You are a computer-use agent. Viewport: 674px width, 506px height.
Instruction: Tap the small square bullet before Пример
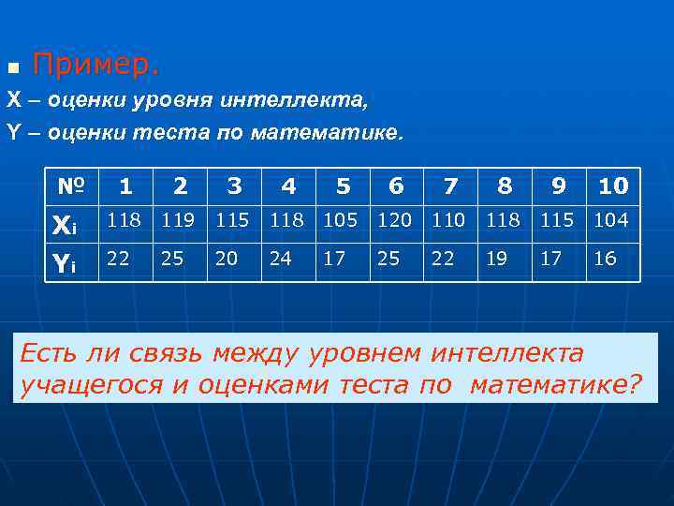click(x=12, y=68)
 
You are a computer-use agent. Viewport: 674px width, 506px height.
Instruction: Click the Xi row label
click(x=63, y=223)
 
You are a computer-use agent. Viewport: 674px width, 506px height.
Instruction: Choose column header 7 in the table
click(x=450, y=186)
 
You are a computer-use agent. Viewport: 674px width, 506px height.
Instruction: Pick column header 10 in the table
click(x=612, y=186)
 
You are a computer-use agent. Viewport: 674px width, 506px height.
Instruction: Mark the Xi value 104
click(x=612, y=220)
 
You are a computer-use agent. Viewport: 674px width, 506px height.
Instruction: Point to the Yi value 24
click(x=280, y=258)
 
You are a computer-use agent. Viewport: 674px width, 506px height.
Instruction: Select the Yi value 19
click(x=496, y=258)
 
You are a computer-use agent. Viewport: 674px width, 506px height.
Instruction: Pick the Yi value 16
click(x=605, y=258)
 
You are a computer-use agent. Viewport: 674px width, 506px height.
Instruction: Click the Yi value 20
click(x=226, y=258)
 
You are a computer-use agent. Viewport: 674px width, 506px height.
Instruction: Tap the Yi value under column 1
click(x=118, y=258)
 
